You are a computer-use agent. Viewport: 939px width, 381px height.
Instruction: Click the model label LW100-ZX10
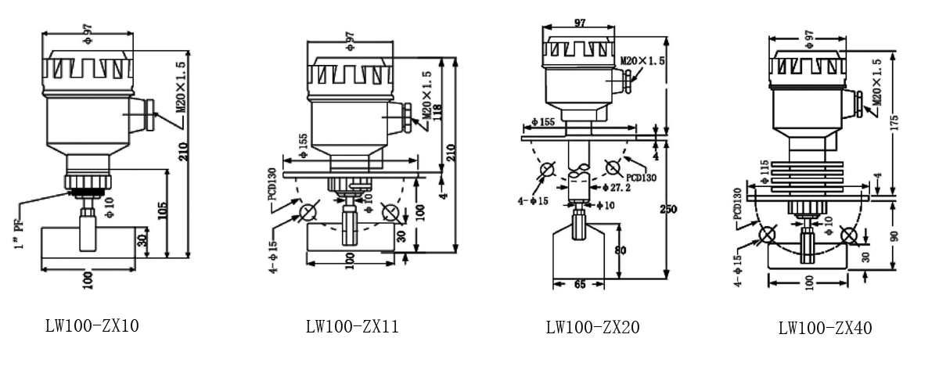92,324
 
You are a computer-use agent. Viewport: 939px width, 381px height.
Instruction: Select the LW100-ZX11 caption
352,326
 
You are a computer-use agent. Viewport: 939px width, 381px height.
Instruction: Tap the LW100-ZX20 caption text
592,327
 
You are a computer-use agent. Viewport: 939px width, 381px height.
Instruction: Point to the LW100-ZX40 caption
825,328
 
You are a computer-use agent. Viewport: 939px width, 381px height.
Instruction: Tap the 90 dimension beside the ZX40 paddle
894,235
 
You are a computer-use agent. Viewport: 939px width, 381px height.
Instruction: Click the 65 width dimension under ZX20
579,286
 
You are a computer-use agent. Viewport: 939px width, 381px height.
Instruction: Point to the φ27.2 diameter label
615,188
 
